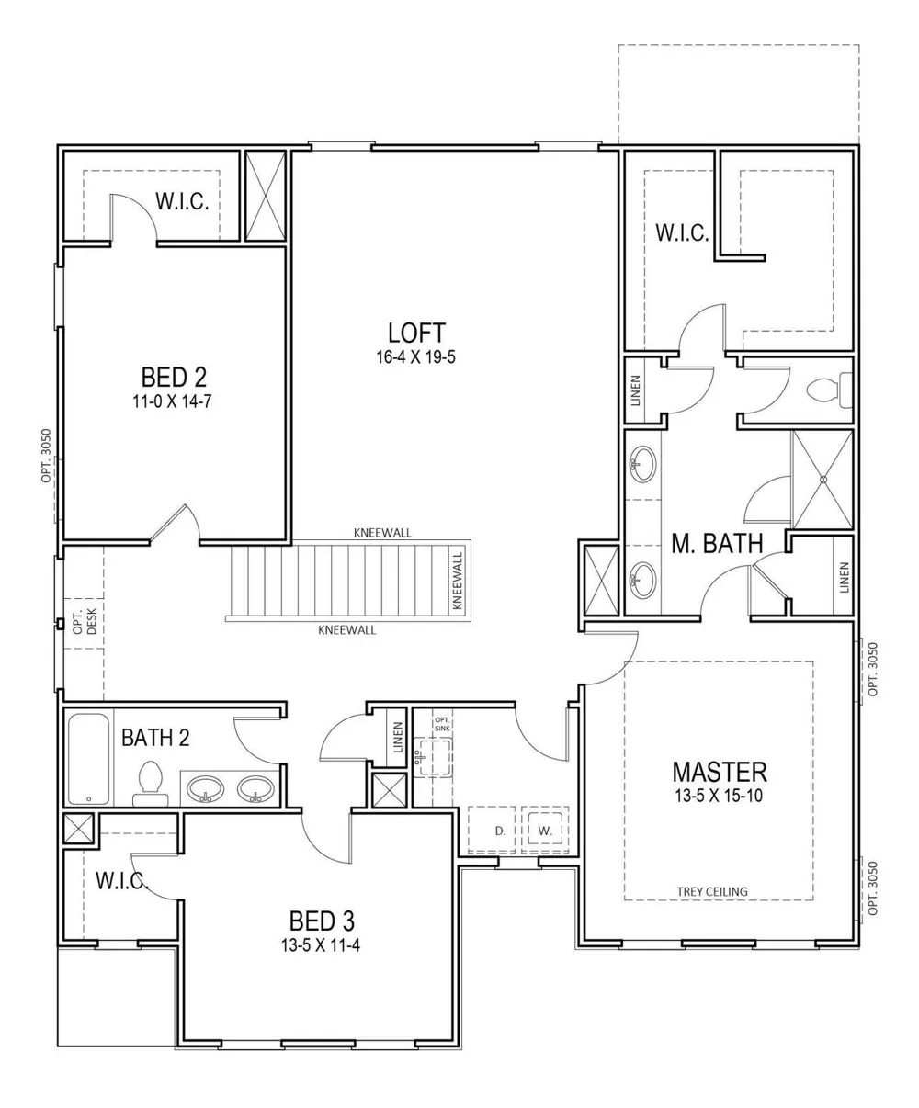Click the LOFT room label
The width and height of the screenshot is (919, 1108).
click(x=416, y=334)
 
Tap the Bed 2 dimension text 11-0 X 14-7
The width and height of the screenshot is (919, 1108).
click(x=172, y=401)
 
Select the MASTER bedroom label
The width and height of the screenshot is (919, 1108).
click(x=720, y=773)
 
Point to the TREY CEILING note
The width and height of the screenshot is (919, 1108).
click(x=712, y=892)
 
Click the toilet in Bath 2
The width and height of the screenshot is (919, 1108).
click(x=150, y=784)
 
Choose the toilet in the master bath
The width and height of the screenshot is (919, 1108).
click(x=829, y=390)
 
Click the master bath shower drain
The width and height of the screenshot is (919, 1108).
click(x=823, y=480)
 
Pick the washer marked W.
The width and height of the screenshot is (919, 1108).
click(x=545, y=831)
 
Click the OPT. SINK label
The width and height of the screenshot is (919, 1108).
click(x=442, y=724)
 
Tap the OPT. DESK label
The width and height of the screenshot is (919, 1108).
click(x=85, y=622)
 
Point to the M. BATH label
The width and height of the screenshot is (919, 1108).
click(x=717, y=543)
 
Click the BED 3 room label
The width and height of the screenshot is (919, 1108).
click(x=322, y=921)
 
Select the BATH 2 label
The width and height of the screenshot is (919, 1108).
click(x=155, y=738)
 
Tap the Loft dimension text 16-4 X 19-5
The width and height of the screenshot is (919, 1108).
click(x=416, y=357)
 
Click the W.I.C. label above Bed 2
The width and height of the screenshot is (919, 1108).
click(x=182, y=201)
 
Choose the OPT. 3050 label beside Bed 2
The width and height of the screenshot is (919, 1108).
click(x=46, y=456)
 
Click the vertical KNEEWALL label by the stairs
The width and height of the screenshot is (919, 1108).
click(x=458, y=581)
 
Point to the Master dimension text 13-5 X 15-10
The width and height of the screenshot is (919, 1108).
click(x=720, y=796)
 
